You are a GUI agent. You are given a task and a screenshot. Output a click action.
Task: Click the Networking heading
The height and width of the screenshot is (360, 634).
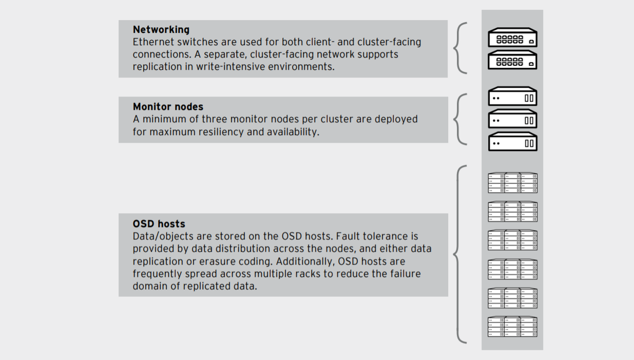pos(161,30)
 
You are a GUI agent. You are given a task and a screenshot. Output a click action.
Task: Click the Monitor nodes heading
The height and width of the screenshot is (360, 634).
pos(168,107)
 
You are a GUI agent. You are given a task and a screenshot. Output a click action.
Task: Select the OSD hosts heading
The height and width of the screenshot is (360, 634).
pos(159,224)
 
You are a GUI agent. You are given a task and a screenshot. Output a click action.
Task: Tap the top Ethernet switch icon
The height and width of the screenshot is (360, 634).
pos(512,37)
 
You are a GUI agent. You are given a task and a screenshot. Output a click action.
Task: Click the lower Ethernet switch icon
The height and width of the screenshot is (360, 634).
pos(512,60)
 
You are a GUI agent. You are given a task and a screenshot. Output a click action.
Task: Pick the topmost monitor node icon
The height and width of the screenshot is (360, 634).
pos(512,97)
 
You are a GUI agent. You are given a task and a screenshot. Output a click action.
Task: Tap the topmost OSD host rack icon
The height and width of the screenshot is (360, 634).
pos(512,183)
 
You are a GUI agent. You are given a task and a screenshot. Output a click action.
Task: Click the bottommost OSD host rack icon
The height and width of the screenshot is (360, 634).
pos(512,327)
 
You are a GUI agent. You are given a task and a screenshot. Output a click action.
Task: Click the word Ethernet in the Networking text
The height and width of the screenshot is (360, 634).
pos(153,42)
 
